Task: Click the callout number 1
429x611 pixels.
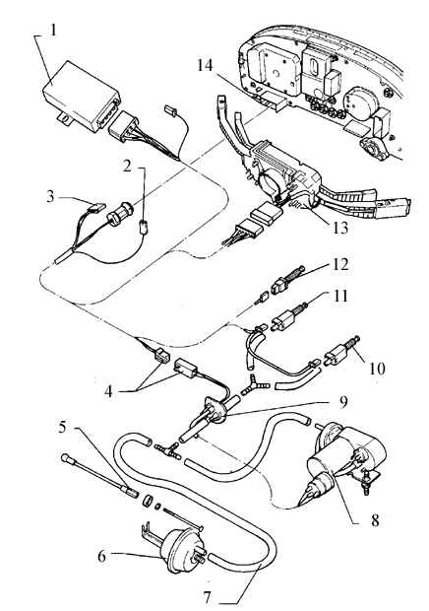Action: tap(52, 30)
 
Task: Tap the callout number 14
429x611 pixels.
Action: tap(205, 65)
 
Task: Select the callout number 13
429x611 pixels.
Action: tap(339, 228)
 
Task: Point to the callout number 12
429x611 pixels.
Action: tap(339, 264)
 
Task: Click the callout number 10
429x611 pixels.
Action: tap(377, 369)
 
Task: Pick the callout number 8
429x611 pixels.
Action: tap(375, 520)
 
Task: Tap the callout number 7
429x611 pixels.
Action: tap(208, 596)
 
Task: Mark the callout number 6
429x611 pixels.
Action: tap(101, 556)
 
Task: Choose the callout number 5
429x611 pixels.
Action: tap(63, 427)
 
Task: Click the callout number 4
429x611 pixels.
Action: tap(108, 391)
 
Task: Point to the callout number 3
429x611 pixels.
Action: tap(50, 196)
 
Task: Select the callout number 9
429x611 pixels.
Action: tap(342, 402)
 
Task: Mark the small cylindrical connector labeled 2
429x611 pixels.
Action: tap(145, 227)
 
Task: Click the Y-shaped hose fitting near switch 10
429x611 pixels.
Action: tap(255, 384)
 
